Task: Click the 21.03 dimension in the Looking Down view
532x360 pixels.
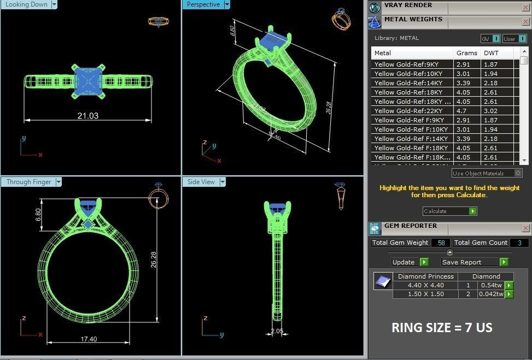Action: coord(87,116)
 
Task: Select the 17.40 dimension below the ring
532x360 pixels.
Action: coord(89,339)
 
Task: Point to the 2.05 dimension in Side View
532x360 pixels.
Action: coord(277,331)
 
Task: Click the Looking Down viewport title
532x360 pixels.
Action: coord(26,4)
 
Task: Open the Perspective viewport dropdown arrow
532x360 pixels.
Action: coord(227,4)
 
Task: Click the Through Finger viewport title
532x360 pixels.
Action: coord(28,182)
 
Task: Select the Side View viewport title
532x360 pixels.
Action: coord(201,182)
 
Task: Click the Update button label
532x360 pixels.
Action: coord(404,262)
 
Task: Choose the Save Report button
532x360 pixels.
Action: coord(461,262)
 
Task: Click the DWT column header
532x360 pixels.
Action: coord(490,53)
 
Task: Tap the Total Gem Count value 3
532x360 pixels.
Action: coord(519,243)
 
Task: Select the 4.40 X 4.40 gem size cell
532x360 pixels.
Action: coord(425,285)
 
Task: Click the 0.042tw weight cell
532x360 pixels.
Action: coord(492,294)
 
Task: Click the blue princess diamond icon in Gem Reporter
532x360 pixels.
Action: coord(383,281)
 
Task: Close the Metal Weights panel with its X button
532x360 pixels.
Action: coord(525,22)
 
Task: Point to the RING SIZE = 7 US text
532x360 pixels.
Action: coord(442,328)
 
